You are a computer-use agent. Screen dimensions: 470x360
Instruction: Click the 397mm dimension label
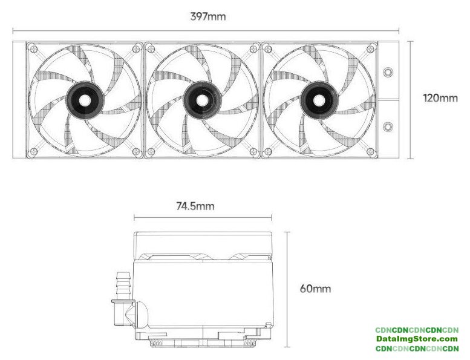[x=208, y=16]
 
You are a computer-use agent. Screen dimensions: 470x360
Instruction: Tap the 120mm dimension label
[x=440, y=98]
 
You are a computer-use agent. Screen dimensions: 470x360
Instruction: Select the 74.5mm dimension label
[x=195, y=206]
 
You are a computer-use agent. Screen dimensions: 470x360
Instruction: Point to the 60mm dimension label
[x=315, y=289]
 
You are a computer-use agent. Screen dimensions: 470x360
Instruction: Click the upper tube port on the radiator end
[x=388, y=72]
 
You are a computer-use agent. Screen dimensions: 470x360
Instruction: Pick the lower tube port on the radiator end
[x=388, y=126]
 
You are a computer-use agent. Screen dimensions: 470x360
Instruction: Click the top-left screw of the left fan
[x=34, y=48]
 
